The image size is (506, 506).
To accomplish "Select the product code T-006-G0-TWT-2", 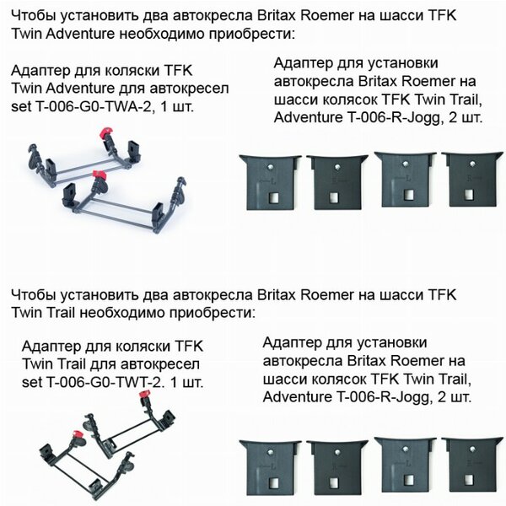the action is click(104, 382).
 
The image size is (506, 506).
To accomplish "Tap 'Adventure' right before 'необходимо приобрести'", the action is click(80, 34).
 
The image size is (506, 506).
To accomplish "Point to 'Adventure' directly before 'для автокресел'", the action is click(80, 88).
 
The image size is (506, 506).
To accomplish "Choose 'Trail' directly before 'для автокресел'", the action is click(72, 364).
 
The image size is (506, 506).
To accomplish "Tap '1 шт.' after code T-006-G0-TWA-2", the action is click(177, 106).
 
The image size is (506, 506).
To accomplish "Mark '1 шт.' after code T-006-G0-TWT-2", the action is click(187, 382).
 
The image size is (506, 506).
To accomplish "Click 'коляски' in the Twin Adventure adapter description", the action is click(128, 70).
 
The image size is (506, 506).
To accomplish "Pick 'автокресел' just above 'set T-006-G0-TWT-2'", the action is click(164, 364).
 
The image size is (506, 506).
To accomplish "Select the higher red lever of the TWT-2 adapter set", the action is click(145, 395).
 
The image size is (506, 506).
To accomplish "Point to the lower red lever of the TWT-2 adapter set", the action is click(78, 435).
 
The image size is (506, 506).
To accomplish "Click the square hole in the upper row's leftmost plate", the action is click(274, 197).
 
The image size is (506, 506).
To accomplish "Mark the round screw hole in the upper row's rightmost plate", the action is click(472, 164).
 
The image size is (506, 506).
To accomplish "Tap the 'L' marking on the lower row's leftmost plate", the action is click(273, 466).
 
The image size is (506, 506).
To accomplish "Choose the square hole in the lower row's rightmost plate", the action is click(469, 480).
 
